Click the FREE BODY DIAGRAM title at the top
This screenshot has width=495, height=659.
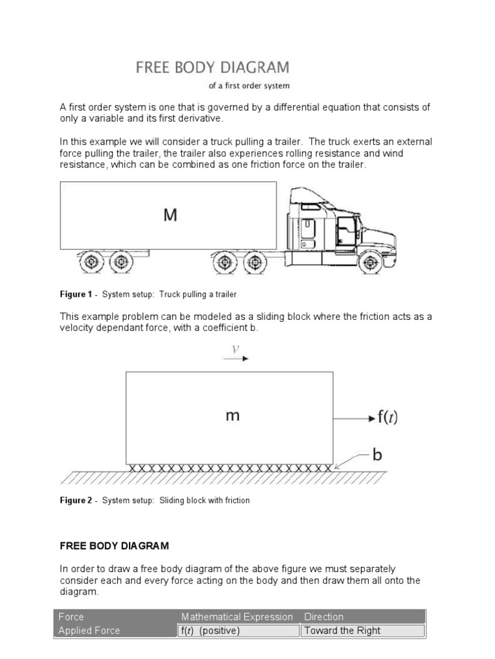pyautogui.click(x=212, y=68)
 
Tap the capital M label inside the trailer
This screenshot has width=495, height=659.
pyautogui.click(x=170, y=216)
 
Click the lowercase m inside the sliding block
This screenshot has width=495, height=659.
pyautogui.click(x=233, y=416)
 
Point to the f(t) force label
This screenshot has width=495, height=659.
pyautogui.click(x=387, y=418)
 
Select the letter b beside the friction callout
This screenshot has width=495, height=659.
pyautogui.click(x=377, y=455)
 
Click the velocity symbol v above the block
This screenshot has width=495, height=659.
pyautogui.click(x=236, y=348)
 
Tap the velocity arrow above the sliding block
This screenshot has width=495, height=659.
pyautogui.click(x=236, y=358)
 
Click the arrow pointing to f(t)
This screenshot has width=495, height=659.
pyautogui.click(x=354, y=418)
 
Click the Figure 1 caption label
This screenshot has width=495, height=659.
pyautogui.click(x=76, y=295)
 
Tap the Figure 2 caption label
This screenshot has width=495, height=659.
pyautogui.click(x=76, y=500)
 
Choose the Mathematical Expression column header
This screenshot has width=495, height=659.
pyautogui.click(x=237, y=617)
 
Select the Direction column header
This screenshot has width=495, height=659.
pyautogui.click(x=324, y=617)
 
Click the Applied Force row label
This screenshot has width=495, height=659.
pyautogui.click(x=89, y=631)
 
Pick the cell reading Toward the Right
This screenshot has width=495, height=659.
pyautogui.click(x=342, y=631)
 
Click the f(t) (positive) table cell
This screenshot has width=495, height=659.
pyautogui.click(x=209, y=631)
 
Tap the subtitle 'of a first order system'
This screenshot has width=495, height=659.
pyautogui.click(x=244, y=86)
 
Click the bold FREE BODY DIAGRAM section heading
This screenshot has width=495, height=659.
pyautogui.click(x=114, y=546)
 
